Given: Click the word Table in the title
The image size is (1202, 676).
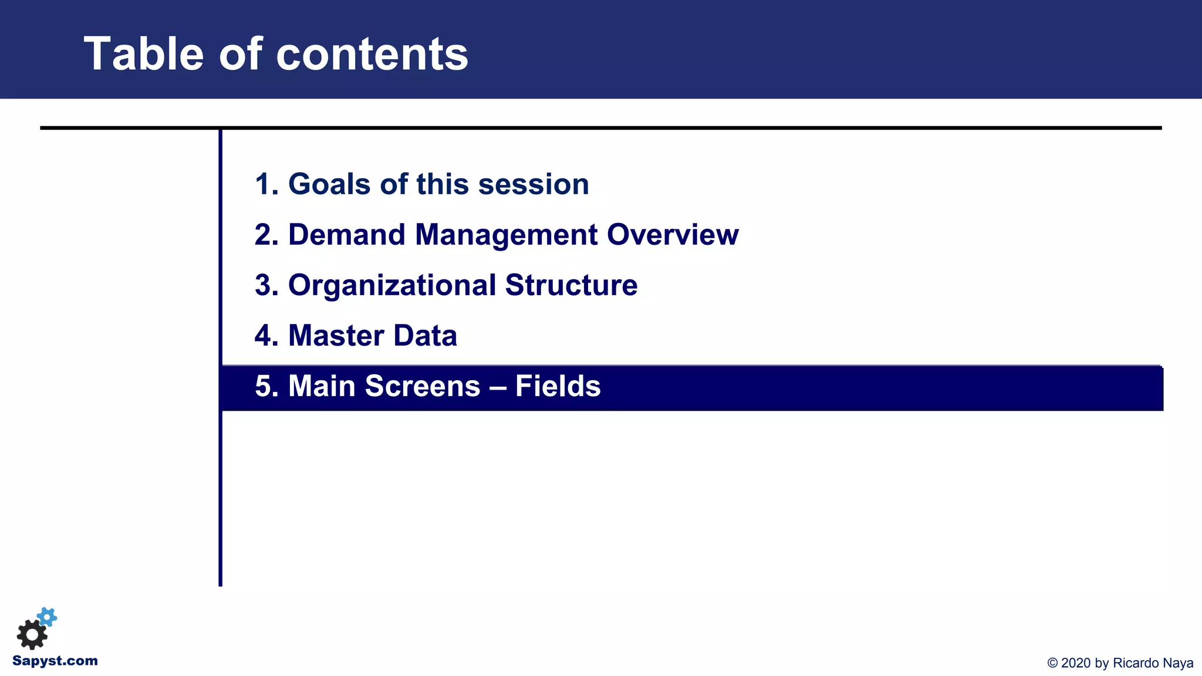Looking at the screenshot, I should [x=144, y=54].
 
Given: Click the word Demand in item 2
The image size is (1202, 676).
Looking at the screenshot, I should [x=347, y=235].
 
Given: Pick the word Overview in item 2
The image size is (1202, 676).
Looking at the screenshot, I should [x=673, y=235].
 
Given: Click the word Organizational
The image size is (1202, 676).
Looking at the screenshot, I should [x=392, y=285].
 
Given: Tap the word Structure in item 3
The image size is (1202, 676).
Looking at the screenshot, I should [x=571, y=285].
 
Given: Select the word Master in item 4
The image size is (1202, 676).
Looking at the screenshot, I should [x=336, y=336].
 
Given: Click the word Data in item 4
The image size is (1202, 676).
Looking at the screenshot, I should [x=425, y=336].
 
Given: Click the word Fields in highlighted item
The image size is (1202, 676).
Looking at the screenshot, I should [x=558, y=386].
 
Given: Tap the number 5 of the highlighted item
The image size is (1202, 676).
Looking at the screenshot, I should [x=264, y=386].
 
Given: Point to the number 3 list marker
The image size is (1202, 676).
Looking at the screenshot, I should [x=264, y=285].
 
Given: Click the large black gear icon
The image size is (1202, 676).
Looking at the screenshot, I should [x=32, y=634].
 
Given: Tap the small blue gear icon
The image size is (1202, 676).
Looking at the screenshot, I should [x=48, y=617].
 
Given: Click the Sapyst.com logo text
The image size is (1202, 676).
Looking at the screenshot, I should [x=55, y=661].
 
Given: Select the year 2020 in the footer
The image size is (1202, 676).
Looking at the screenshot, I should [x=1077, y=663].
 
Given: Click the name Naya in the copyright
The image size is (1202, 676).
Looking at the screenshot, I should [x=1178, y=663].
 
